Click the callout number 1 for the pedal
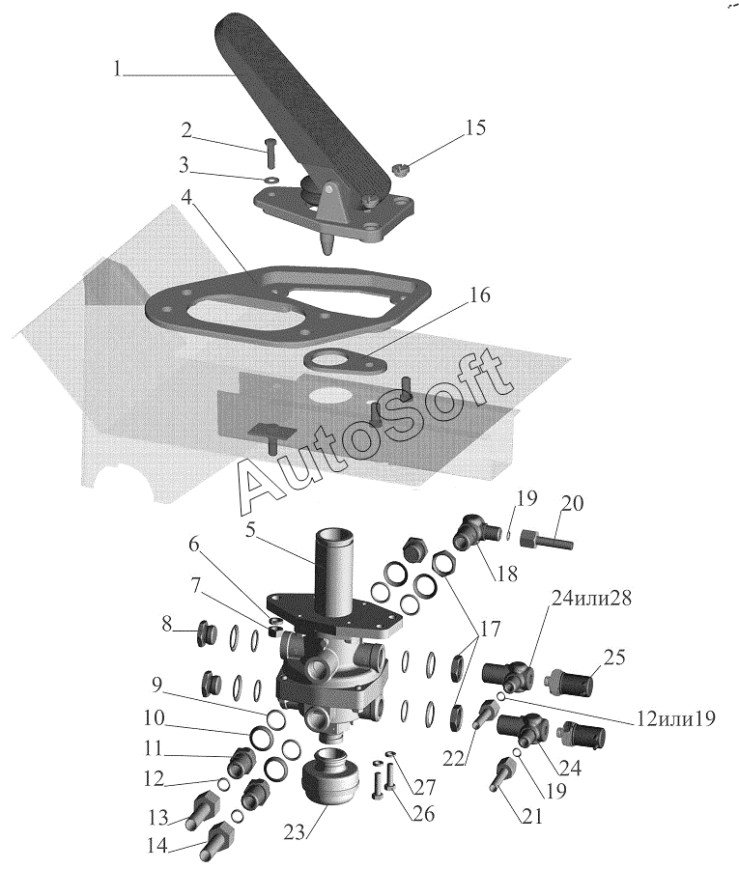[117, 69]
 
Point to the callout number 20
[573, 505]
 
